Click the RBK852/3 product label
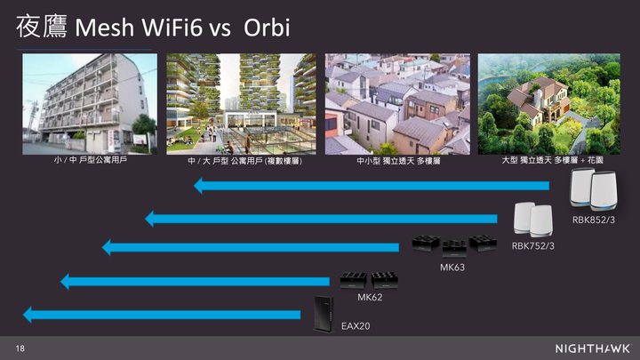594,220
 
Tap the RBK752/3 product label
533,246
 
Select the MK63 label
452,268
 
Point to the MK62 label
370,298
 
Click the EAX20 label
356,326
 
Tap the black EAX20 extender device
324,314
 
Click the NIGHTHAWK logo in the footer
593,348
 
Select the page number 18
20,348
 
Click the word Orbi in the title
267,28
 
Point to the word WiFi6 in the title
172,28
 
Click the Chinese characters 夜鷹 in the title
41,26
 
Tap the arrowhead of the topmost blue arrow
198,186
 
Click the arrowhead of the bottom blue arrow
28,315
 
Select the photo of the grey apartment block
90,104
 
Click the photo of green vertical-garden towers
241,104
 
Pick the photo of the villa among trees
549,104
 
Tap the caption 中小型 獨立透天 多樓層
398,161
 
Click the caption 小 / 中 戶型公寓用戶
90,160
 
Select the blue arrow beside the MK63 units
250,247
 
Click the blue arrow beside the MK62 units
195,282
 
